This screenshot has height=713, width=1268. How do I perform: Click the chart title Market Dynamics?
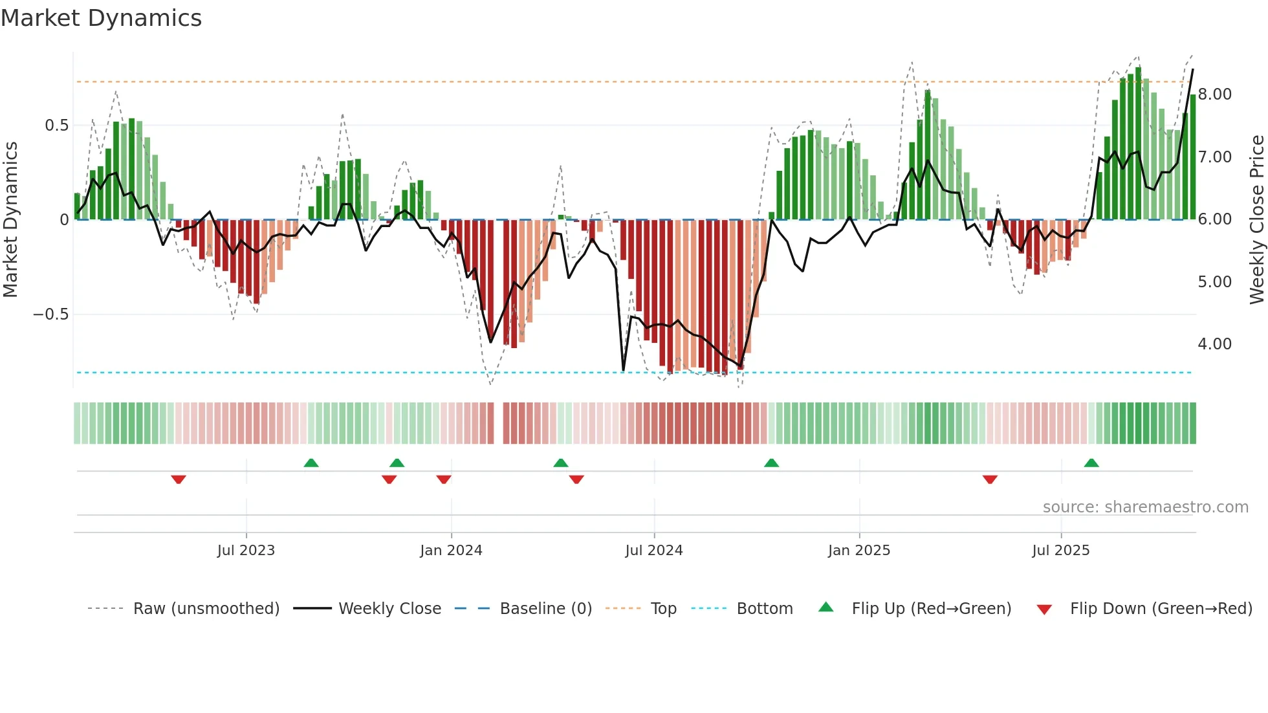[x=101, y=18]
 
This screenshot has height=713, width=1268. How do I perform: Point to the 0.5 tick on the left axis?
[x=57, y=126]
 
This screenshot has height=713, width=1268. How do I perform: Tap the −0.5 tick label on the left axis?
[x=51, y=314]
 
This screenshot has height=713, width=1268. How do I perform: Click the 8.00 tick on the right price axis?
[x=1214, y=94]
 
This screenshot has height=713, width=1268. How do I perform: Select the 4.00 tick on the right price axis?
[x=1214, y=344]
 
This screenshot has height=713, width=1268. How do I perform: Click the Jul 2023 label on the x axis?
[x=246, y=551]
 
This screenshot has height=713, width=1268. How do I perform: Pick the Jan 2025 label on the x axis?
[x=859, y=551]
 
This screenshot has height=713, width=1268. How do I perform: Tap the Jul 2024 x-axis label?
[x=654, y=551]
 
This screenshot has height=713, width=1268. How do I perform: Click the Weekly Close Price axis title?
[x=1256, y=220]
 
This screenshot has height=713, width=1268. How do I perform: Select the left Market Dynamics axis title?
[x=10, y=220]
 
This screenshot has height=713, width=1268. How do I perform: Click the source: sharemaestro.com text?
[x=1145, y=507]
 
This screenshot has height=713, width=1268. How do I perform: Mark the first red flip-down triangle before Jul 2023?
[x=179, y=479]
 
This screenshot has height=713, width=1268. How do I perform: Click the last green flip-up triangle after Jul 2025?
[x=1091, y=463]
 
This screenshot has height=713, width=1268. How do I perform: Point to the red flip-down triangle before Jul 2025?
[x=990, y=479]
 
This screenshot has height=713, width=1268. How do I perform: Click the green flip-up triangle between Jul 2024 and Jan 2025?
[x=771, y=463]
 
